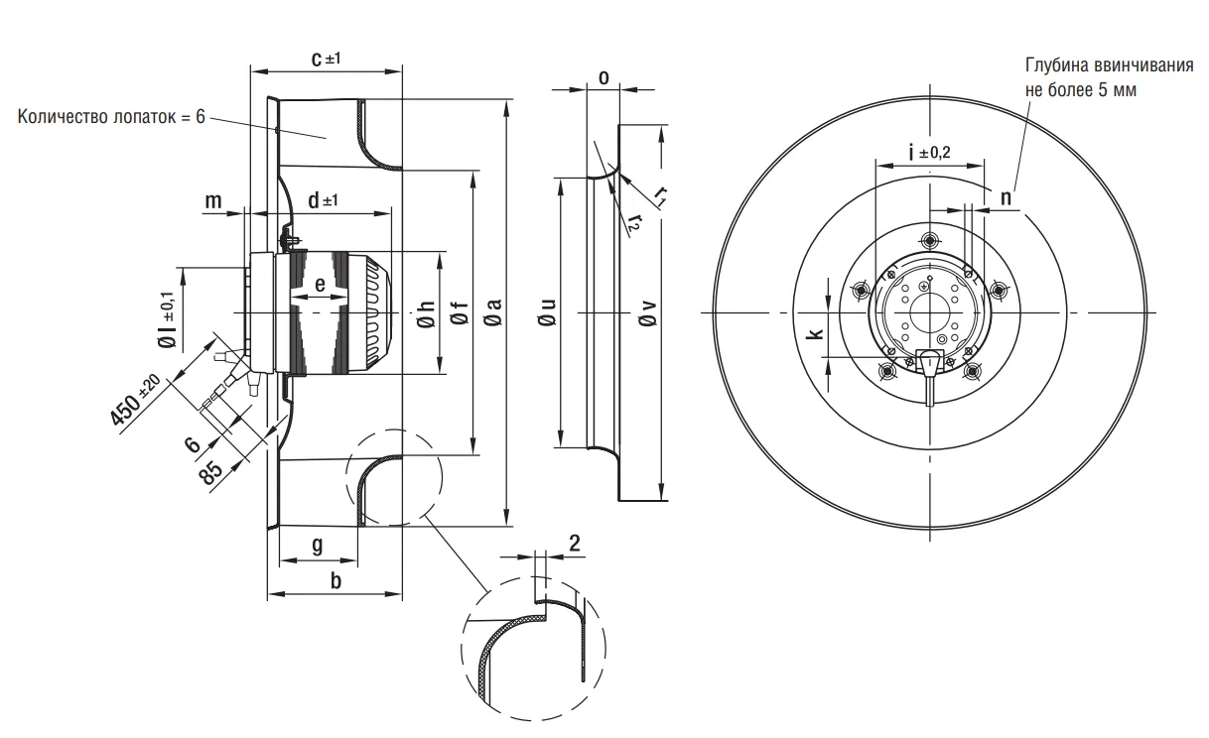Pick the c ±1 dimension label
(x=326, y=60)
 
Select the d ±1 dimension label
(x=322, y=200)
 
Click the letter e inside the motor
(x=320, y=286)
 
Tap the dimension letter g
(x=318, y=545)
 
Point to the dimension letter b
(x=336, y=581)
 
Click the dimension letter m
(x=213, y=201)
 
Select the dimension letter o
(x=603, y=76)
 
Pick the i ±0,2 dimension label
(x=929, y=152)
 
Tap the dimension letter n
(x=1006, y=196)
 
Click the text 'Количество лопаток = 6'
(x=111, y=117)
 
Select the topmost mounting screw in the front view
(x=929, y=240)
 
